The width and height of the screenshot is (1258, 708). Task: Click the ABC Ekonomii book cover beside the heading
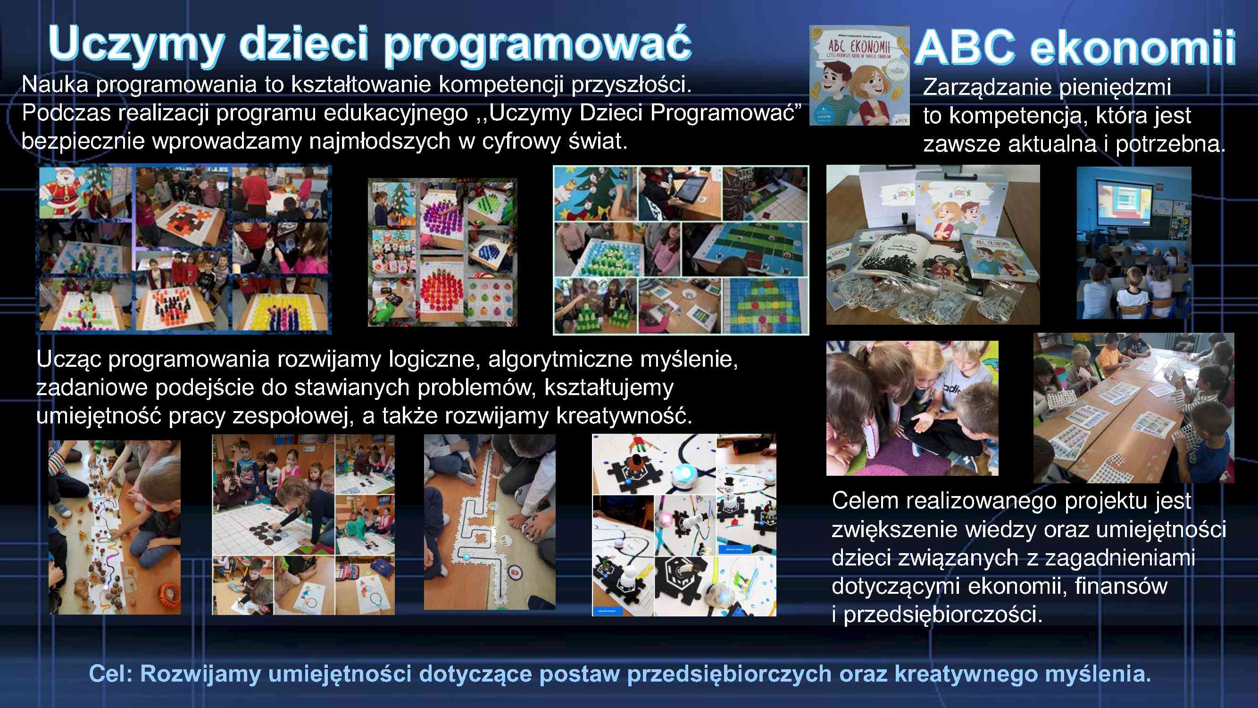tap(859, 75)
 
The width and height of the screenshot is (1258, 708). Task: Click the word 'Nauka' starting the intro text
tap(55, 85)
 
